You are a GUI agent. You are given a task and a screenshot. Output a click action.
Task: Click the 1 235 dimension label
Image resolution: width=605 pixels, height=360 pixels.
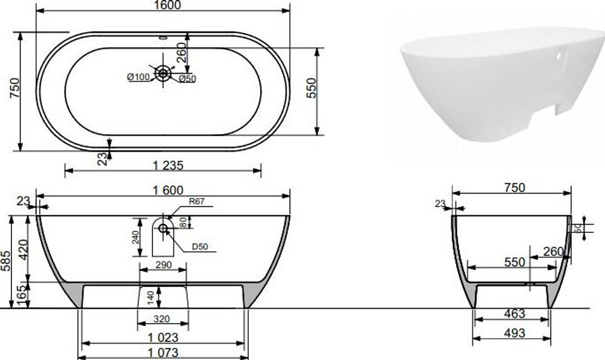(x=163, y=165)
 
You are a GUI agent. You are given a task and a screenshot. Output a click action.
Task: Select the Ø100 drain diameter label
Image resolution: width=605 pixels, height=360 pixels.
(x=138, y=76)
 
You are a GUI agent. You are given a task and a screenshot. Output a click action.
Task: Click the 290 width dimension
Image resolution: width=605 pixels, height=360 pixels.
(x=163, y=265)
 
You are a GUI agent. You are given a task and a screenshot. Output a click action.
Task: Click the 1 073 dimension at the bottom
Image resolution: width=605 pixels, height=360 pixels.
(x=162, y=353)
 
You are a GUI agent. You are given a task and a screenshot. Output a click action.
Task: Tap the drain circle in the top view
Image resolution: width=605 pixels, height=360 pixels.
(x=163, y=73)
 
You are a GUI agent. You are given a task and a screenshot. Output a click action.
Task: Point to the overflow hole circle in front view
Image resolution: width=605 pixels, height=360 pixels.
(x=163, y=228)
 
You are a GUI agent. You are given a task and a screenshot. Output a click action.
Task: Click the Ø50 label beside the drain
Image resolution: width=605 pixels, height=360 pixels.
(x=187, y=77)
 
